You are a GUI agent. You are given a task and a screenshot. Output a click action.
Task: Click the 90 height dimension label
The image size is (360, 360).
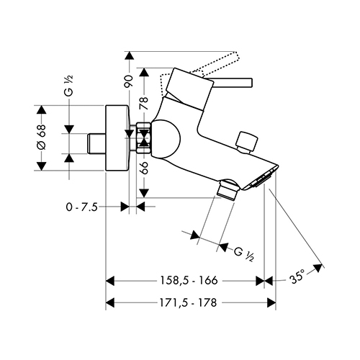(129, 81)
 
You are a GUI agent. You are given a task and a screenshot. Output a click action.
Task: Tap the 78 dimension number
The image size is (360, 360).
(144, 103)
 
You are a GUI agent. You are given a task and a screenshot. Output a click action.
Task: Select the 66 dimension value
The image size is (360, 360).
(144, 167)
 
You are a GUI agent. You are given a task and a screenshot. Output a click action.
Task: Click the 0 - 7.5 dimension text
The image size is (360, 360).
(82, 207)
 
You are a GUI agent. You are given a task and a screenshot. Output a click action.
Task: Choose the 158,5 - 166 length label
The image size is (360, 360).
(189, 280)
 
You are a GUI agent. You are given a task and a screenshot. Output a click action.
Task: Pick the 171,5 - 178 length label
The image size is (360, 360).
(188, 302)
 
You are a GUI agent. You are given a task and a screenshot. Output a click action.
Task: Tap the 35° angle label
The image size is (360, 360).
(297, 279)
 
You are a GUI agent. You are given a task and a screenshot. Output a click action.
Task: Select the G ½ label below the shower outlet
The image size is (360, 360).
(244, 254)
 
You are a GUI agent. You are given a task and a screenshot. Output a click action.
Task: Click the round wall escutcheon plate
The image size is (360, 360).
(117, 138)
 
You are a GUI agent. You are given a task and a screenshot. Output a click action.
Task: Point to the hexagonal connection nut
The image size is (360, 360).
(144, 138)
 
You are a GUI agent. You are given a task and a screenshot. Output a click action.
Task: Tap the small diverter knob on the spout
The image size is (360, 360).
(247, 142)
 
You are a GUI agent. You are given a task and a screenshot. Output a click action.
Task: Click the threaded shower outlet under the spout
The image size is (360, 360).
(227, 190)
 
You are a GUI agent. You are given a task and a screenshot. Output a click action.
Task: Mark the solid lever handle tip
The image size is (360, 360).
(250, 82)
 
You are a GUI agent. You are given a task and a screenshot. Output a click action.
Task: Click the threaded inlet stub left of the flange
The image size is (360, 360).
(96, 143)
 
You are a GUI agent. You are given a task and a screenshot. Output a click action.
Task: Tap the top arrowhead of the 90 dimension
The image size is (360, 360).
(130, 55)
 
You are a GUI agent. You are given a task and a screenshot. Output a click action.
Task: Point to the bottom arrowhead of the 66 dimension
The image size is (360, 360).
(144, 193)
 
